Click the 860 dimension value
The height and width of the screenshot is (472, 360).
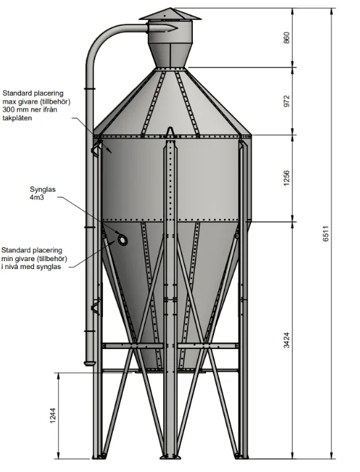(x=286, y=38)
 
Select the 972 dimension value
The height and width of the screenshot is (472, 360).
(x=286, y=101)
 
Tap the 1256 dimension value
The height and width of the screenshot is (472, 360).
(x=286, y=178)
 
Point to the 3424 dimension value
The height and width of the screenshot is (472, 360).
(x=286, y=340)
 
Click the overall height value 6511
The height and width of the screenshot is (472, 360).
(x=326, y=233)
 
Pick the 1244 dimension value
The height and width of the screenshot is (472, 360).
(x=53, y=416)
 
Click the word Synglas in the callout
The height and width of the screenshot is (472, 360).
(x=42, y=190)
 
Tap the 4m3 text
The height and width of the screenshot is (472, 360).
(x=37, y=198)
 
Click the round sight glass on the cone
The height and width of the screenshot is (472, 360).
(x=122, y=240)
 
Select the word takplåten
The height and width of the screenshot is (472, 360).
(x=17, y=118)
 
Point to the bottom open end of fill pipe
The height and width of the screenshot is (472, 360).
(x=89, y=364)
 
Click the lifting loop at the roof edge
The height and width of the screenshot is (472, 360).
(x=170, y=132)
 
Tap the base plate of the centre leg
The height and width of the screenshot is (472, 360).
(x=170, y=457)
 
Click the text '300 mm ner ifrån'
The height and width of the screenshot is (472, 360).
(x=30, y=110)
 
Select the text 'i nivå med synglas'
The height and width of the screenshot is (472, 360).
(x=31, y=266)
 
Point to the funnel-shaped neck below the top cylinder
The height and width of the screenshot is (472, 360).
(x=170, y=57)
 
